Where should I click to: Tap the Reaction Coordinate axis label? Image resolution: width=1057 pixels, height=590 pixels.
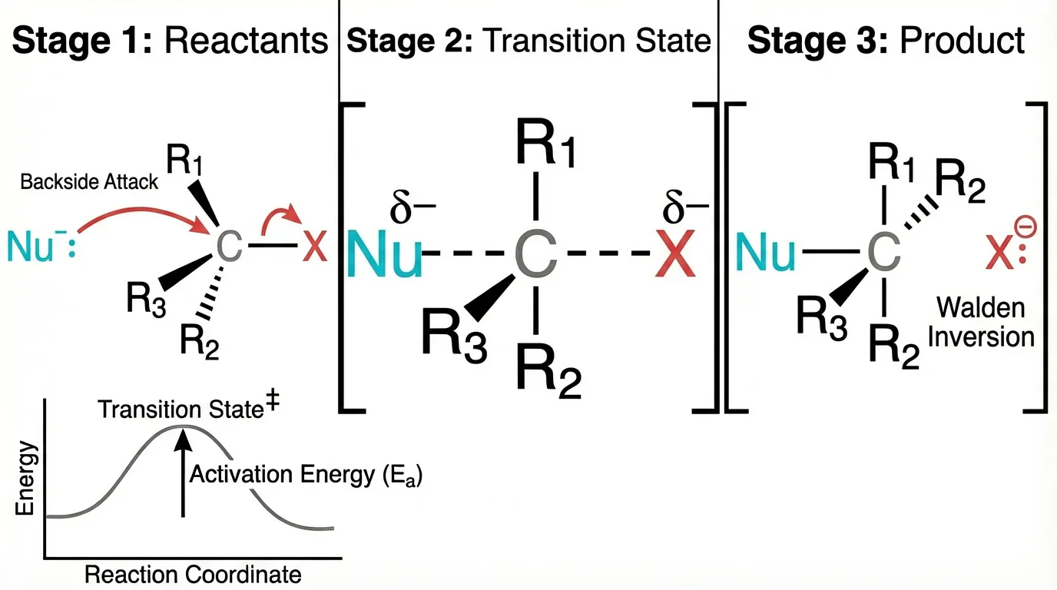(192, 575)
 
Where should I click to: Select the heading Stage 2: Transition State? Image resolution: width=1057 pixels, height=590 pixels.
(528, 40)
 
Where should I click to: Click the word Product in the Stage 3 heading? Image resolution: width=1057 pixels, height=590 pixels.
(962, 40)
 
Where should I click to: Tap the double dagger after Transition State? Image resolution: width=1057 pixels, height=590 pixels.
(270, 408)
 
